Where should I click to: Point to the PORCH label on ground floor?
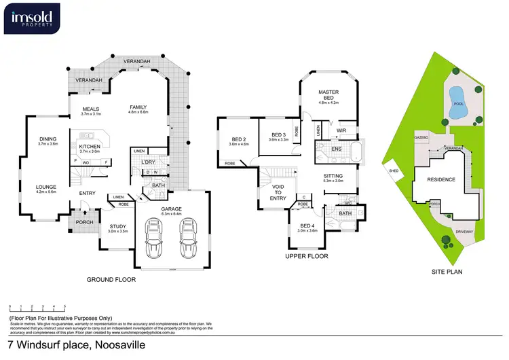85,222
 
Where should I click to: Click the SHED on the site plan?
393,170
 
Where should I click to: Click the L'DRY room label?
149,162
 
